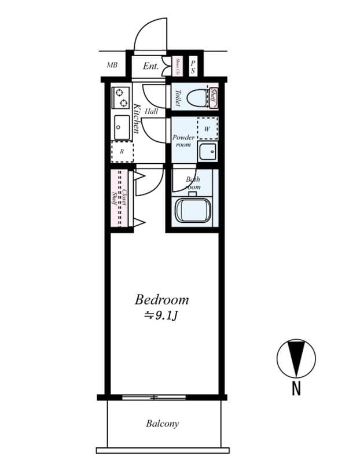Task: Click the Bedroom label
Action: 161,300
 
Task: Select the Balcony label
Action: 162,424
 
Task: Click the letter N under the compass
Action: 296,388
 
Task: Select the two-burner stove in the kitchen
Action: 122,97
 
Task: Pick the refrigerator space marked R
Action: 122,152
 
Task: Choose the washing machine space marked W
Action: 207,128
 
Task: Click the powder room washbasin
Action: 207,152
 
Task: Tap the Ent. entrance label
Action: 150,66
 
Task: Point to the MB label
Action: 112,65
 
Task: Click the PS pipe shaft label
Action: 193,66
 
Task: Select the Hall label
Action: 152,111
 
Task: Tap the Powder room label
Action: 183,141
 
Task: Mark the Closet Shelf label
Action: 119,198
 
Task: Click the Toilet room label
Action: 178,97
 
